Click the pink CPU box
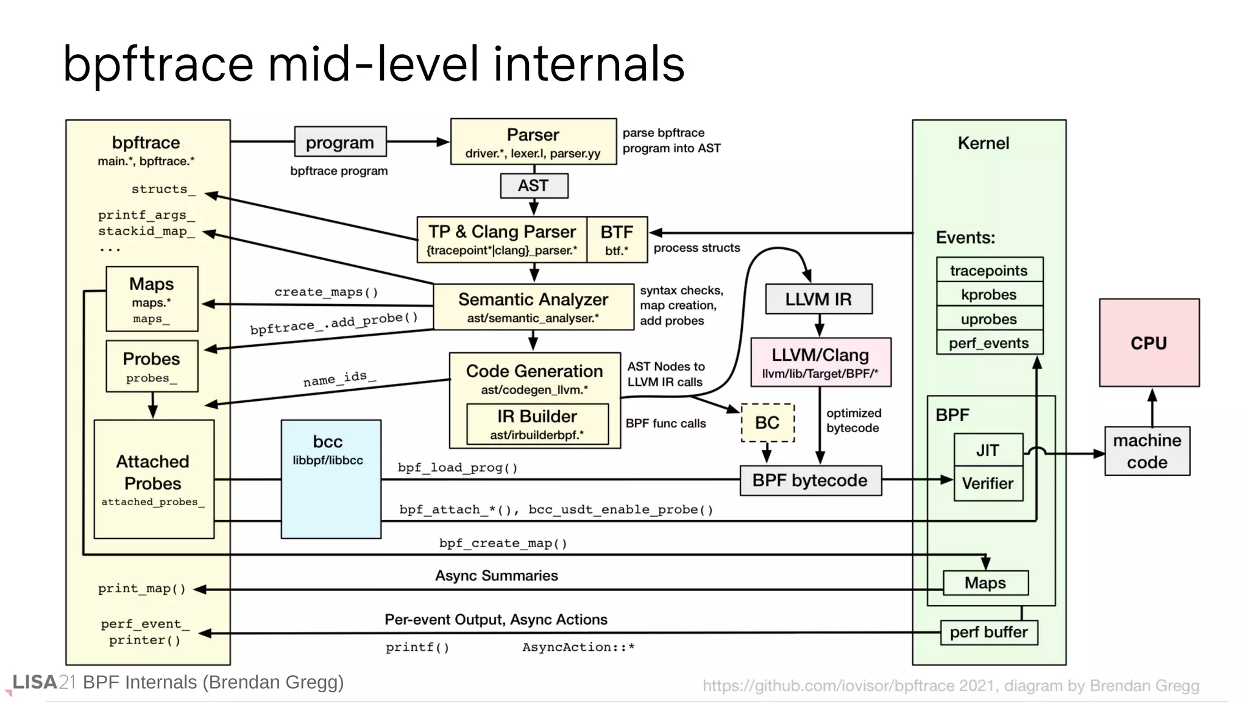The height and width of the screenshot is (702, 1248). [x=1149, y=342]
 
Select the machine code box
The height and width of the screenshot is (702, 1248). [x=1147, y=451]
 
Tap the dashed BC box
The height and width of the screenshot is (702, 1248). [x=767, y=422]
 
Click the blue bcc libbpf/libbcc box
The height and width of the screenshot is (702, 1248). [x=331, y=479]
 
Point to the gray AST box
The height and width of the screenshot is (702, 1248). [x=534, y=186]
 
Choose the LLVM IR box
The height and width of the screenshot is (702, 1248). [x=818, y=299]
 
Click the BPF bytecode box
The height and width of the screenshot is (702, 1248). [x=810, y=480]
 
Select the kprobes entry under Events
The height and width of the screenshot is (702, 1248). [x=989, y=294]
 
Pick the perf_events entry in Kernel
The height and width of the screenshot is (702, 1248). [x=989, y=343]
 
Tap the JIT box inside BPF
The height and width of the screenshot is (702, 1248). [x=987, y=450]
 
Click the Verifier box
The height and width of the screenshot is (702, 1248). [x=987, y=483]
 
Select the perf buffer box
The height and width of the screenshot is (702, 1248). [x=988, y=632]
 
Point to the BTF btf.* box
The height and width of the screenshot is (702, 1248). [x=617, y=239]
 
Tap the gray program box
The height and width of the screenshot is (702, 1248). [x=340, y=142]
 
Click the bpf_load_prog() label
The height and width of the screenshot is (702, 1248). [x=458, y=467]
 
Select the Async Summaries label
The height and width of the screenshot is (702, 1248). [x=496, y=575]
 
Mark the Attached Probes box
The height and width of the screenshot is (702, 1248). [x=154, y=479]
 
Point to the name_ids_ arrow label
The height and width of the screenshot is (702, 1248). [x=339, y=378]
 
